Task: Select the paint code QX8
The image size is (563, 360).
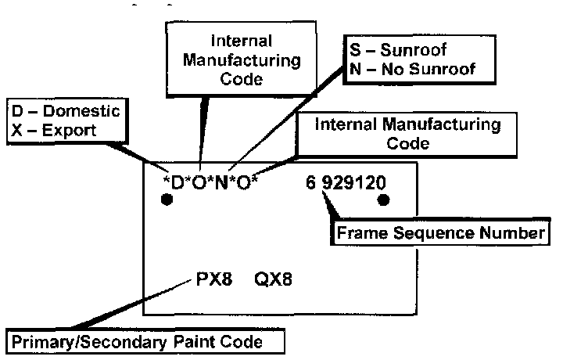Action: (x=273, y=279)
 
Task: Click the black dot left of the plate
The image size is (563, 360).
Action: (x=166, y=200)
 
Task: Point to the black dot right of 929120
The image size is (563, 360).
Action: (x=384, y=200)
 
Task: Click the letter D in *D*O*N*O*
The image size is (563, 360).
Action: (x=178, y=184)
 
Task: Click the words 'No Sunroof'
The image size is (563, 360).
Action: (x=435, y=69)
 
